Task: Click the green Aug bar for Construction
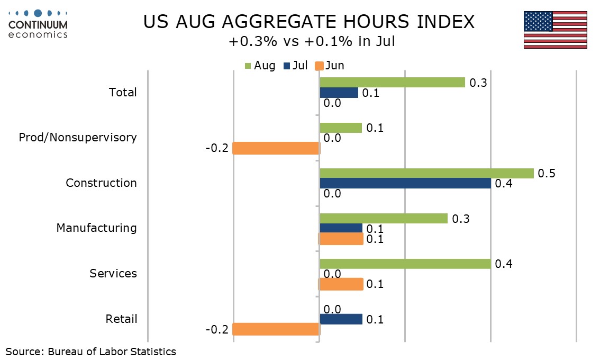click(x=426, y=173)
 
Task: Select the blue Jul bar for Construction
click(x=405, y=184)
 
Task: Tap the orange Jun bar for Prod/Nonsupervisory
click(x=276, y=148)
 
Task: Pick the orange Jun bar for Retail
click(x=276, y=329)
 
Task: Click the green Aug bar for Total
click(x=392, y=83)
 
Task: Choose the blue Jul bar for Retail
click(x=341, y=319)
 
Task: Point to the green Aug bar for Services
click(x=405, y=264)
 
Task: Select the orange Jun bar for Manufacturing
click(x=341, y=239)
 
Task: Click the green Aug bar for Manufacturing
click(x=384, y=218)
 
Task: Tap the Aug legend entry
click(x=260, y=66)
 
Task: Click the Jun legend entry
click(x=330, y=66)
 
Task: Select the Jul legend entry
click(x=295, y=66)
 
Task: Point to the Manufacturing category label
click(x=96, y=228)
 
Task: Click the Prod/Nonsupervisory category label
click(x=78, y=138)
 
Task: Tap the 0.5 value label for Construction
click(x=547, y=174)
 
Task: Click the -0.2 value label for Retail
click(x=217, y=329)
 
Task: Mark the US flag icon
click(x=555, y=30)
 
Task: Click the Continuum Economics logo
click(x=38, y=24)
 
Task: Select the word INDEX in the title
click(x=446, y=22)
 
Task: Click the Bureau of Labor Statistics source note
click(x=90, y=352)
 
